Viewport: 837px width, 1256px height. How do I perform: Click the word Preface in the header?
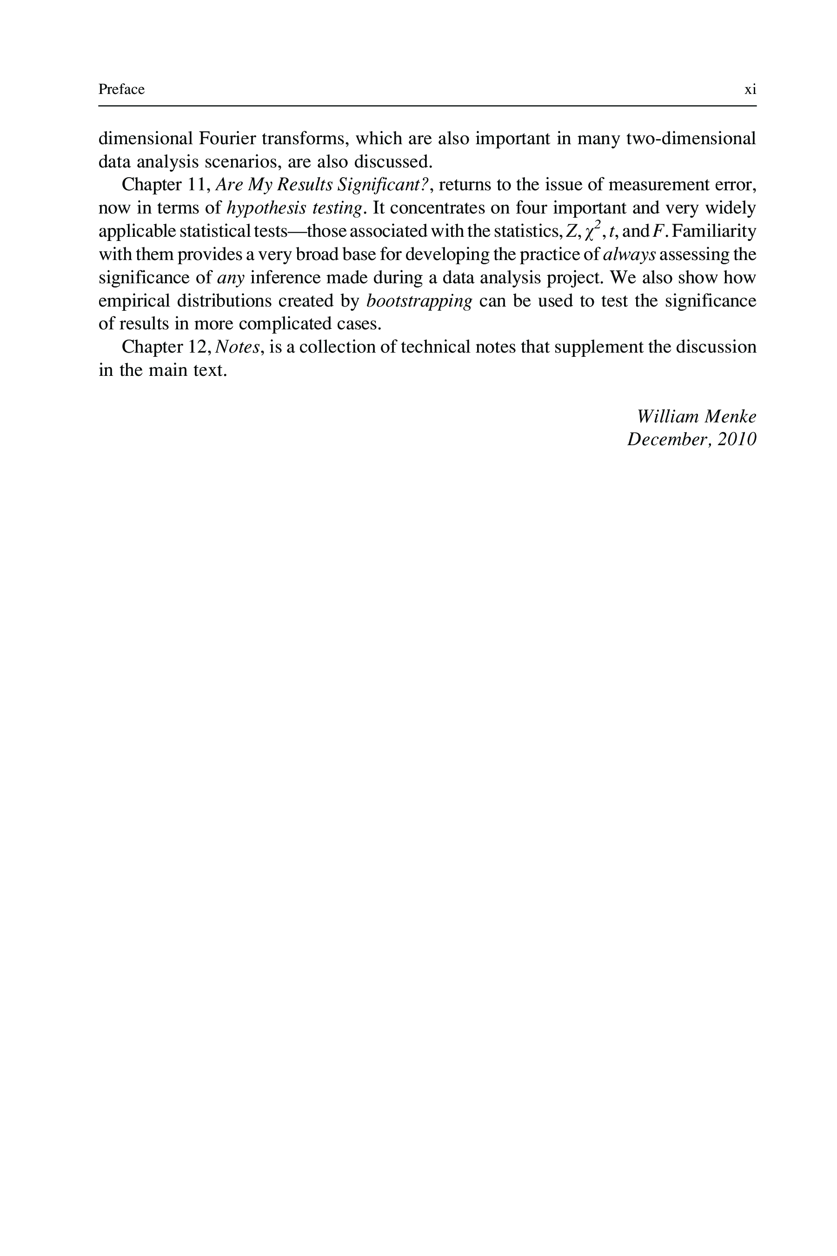(121, 89)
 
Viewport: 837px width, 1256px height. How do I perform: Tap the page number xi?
(750, 90)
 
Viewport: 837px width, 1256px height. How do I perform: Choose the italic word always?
(629, 255)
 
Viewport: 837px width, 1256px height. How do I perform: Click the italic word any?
(231, 278)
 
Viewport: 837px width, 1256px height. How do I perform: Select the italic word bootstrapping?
(419, 301)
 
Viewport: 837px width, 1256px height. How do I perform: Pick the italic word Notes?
(237, 347)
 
